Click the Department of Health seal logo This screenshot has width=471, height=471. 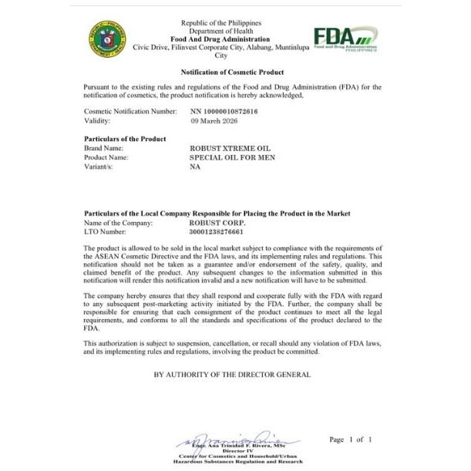click(x=108, y=39)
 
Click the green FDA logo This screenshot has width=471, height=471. click(x=345, y=38)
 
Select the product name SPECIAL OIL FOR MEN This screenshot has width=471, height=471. click(x=231, y=157)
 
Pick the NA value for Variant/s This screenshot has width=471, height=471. click(x=194, y=167)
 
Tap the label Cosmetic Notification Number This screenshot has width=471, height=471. click(x=130, y=112)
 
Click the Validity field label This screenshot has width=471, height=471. click(x=97, y=121)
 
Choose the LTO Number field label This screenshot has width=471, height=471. click(x=104, y=231)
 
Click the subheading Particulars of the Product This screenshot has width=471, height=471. click(x=125, y=139)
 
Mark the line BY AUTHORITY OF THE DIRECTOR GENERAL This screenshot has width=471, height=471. click(x=232, y=375)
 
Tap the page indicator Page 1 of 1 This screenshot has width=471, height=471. click(x=350, y=439)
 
